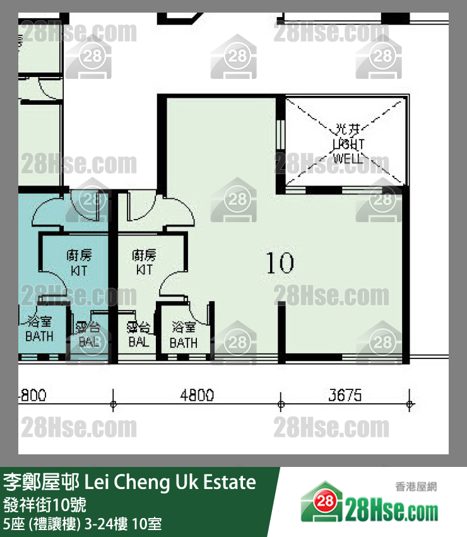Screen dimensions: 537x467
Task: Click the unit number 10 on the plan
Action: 280,263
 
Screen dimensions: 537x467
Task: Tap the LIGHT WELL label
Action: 348,151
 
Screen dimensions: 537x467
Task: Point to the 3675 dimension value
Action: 345,396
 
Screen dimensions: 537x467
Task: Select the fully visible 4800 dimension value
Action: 197,396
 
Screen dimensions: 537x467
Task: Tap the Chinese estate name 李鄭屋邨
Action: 42,483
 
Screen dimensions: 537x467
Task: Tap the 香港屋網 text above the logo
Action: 416,487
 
